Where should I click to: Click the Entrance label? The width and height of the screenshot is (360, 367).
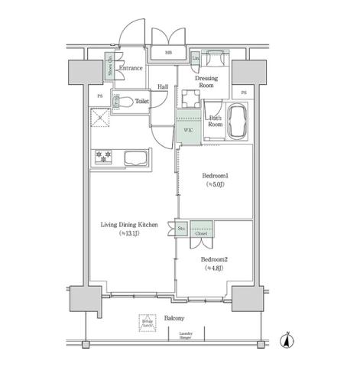pos(131,69)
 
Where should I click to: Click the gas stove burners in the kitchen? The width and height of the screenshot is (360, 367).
pos(103,156)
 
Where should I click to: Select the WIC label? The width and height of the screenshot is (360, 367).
pos(187,131)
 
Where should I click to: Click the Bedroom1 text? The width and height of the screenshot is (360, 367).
pos(215,176)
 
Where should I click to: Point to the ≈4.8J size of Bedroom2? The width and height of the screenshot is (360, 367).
pos(213,268)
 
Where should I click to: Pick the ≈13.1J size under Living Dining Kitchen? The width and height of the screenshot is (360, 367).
pos(128,235)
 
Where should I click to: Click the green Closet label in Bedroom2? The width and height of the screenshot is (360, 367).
pos(202,235)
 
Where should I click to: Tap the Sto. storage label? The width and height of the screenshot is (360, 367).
pos(183,228)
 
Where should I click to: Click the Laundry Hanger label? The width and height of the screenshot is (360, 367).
pos(186,336)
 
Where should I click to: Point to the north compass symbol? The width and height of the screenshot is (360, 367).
pos(287,342)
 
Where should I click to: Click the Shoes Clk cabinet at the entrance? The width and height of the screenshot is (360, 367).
pos(109,67)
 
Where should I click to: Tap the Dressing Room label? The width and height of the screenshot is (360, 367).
pos(206,82)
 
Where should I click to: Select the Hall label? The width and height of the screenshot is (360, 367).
pos(163,87)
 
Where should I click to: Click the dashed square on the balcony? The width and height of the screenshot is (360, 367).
pos(147,323)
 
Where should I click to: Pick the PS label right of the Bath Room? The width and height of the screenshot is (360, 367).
pos(243,93)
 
